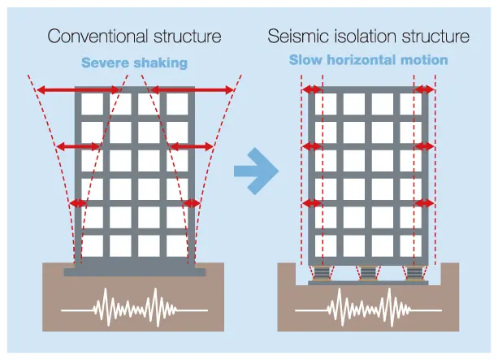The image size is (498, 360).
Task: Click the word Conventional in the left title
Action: tap(97, 37)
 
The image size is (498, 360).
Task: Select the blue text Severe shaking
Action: tap(134, 63)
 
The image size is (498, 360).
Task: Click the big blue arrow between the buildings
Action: tap(256, 171)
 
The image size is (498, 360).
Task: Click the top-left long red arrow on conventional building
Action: tap(79, 90)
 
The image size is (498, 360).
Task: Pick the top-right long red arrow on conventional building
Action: tap(193, 90)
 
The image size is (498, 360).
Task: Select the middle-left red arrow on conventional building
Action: tap(78, 146)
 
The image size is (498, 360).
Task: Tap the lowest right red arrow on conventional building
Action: tap(192, 203)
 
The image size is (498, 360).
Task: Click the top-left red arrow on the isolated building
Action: tap(312, 89)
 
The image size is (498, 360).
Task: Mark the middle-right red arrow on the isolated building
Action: tap(424, 146)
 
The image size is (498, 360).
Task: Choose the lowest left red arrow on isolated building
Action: tap(312, 203)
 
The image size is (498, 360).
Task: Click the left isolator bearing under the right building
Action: tap(322, 273)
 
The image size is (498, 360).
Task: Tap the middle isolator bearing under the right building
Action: tap(368, 273)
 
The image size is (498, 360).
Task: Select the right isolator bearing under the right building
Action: tap(414, 273)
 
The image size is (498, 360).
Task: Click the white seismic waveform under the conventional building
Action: tap(134, 307)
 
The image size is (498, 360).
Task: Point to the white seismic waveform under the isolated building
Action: tap(368, 307)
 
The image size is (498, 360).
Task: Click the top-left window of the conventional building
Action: tap(92, 104)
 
